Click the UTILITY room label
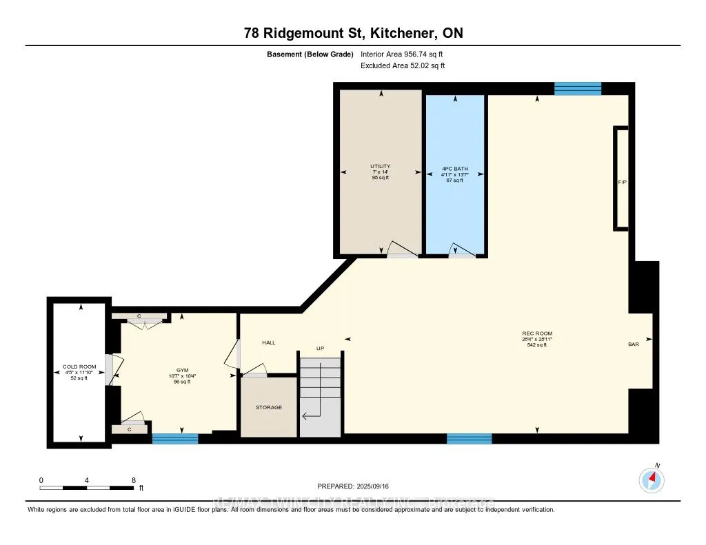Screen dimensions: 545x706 [380, 166]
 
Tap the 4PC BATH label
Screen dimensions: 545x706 [452, 168]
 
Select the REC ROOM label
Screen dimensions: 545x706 [537, 333]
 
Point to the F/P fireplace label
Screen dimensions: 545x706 [621, 182]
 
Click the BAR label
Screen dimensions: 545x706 [633, 344]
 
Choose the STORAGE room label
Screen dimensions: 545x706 [268, 407]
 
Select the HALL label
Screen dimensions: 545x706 [268, 342]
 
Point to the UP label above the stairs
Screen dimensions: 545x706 [320, 349]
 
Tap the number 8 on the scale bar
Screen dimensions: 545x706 [133, 480]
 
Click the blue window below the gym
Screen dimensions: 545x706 [175, 438]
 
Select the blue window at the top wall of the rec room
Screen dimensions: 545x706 [578, 88]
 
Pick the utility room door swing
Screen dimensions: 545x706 [401, 249]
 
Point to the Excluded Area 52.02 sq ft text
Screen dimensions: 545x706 [403, 65]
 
